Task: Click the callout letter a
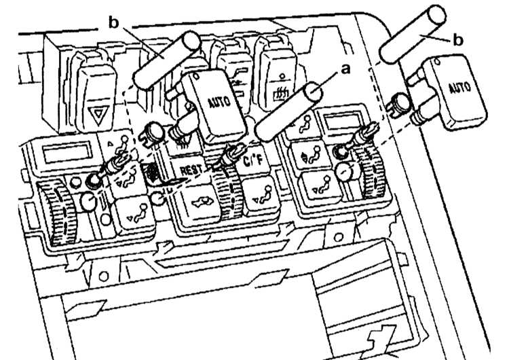coord(346,69)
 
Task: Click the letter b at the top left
coord(114,22)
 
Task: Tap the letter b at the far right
coord(457,40)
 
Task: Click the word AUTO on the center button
coord(219,102)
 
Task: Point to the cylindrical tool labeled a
coord(288,111)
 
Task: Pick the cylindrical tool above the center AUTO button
coord(166,60)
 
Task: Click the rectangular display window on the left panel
coord(67,154)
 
